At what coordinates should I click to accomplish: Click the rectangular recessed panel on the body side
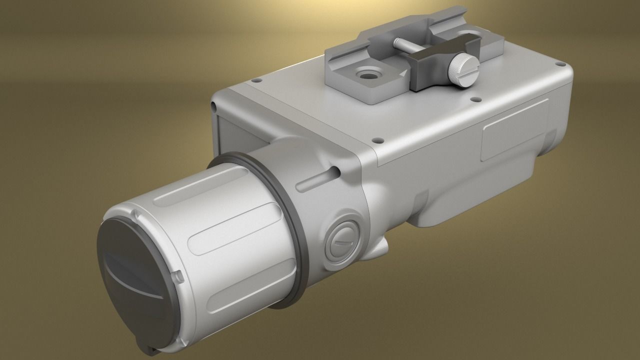(515, 128)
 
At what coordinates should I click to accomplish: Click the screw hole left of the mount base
(257, 80)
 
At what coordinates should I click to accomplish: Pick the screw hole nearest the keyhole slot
(378, 140)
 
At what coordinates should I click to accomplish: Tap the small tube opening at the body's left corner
(214, 106)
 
